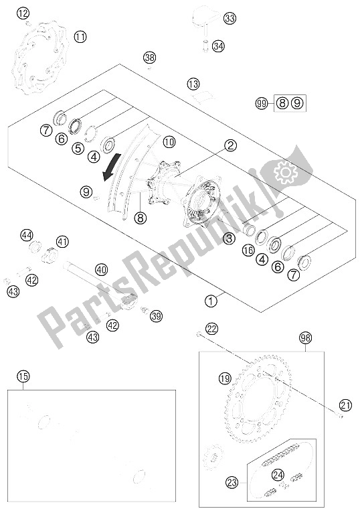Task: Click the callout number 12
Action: point(23,13)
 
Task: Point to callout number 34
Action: point(218,46)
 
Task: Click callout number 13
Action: point(193,84)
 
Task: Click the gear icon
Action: point(286,174)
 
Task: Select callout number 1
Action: point(211,301)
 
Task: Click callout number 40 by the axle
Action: point(101,271)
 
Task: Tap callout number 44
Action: point(26,235)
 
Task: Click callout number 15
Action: point(23,376)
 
